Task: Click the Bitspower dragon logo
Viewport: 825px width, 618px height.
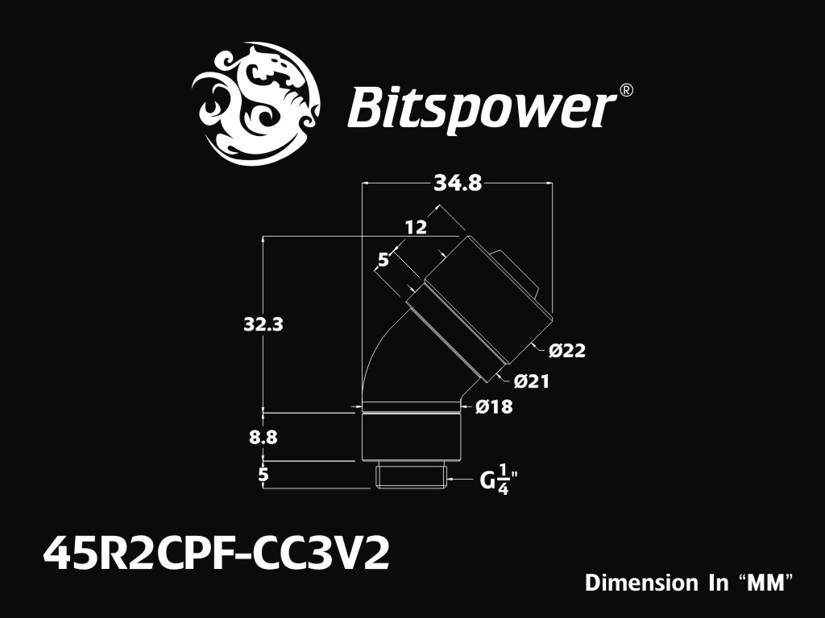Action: [255, 104]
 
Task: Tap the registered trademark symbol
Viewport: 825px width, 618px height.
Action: [625, 90]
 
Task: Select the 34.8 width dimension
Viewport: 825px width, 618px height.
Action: [457, 183]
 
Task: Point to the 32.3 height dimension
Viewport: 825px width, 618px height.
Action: [263, 324]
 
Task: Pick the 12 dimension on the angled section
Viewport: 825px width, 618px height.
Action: [416, 228]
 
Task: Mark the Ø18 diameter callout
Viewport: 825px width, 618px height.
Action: [494, 407]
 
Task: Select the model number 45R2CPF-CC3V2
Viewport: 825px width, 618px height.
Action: [216, 554]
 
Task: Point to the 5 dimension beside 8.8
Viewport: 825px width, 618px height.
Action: [263, 475]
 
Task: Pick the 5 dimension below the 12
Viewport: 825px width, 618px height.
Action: [383, 260]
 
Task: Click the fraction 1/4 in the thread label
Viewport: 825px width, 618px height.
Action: [504, 480]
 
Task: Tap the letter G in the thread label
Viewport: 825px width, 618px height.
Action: [487, 481]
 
